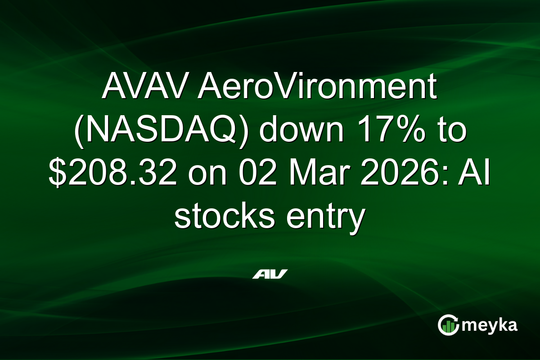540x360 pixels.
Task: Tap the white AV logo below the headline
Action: pyautogui.click(x=270, y=274)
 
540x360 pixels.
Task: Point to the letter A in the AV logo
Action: pyautogui.click(x=261, y=274)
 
